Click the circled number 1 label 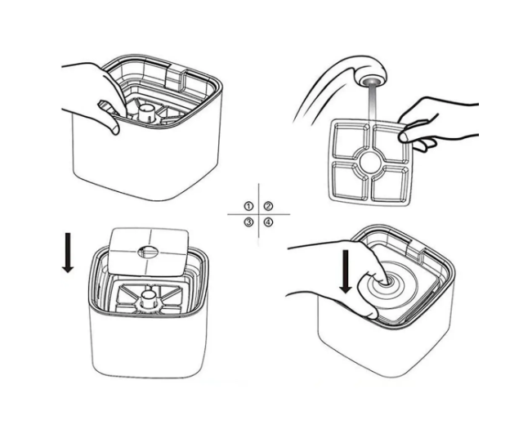[x=248, y=206]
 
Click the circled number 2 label [x=268, y=206]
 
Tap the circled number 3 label [x=248, y=221]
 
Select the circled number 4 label [x=268, y=221]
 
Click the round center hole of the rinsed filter [x=370, y=162]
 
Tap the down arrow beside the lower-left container [x=68, y=253]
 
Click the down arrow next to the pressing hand [x=346, y=271]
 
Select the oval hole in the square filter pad [x=148, y=252]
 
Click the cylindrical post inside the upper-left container [x=145, y=112]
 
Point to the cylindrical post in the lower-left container [x=147, y=298]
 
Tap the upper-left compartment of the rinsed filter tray [x=349, y=140]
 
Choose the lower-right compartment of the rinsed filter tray [x=391, y=184]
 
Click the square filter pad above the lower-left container [x=149, y=252]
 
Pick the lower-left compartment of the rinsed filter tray [x=349, y=181]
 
